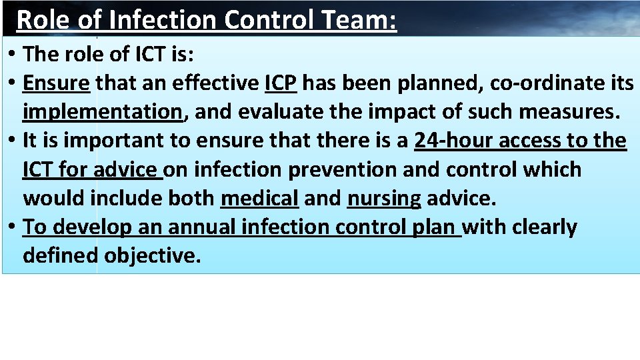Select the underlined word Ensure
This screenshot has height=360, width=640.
pyautogui.click(x=56, y=83)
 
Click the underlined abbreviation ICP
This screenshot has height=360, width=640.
pyautogui.click(x=280, y=83)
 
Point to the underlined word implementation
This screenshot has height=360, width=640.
pyautogui.click(x=102, y=111)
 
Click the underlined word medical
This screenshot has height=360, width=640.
pyautogui.click(x=259, y=198)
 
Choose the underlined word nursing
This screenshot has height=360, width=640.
pyautogui.click(x=384, y=198)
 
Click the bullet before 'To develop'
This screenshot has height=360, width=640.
pyautogui.click(x=13, y=227)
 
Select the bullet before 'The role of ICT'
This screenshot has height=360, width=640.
pyautogui.click(x=13, y=55)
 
